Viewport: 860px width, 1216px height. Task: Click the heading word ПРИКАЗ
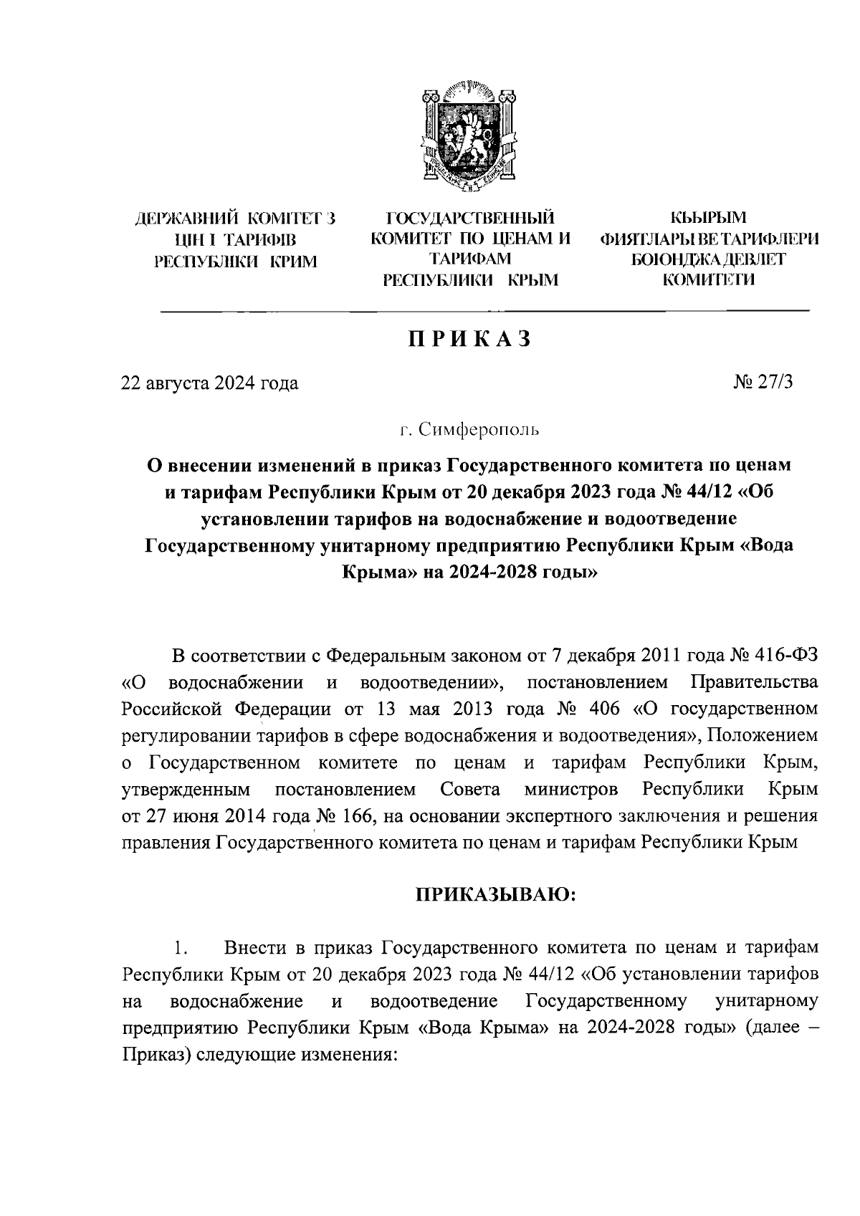(x=469, y=338)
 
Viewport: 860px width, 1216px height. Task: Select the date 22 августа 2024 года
(x=209, y=383)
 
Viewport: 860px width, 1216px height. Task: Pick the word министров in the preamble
(x=570, y=790)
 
